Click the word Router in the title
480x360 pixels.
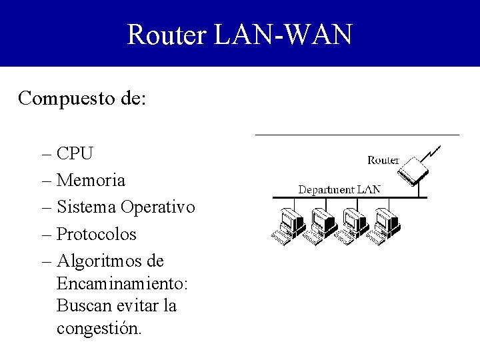[x=167, y=34]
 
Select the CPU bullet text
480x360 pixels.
[x=75, y=154]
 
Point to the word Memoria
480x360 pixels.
[x=91, y=181]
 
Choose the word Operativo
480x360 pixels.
[x=158, y=207]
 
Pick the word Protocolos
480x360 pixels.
[x=97, y=235]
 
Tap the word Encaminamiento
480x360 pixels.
[x=122, y=284]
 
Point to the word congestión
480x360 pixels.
[x=99, y=329]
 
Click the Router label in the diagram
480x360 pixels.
[x=383, y=160]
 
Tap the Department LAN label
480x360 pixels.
[x=339, y=189]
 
